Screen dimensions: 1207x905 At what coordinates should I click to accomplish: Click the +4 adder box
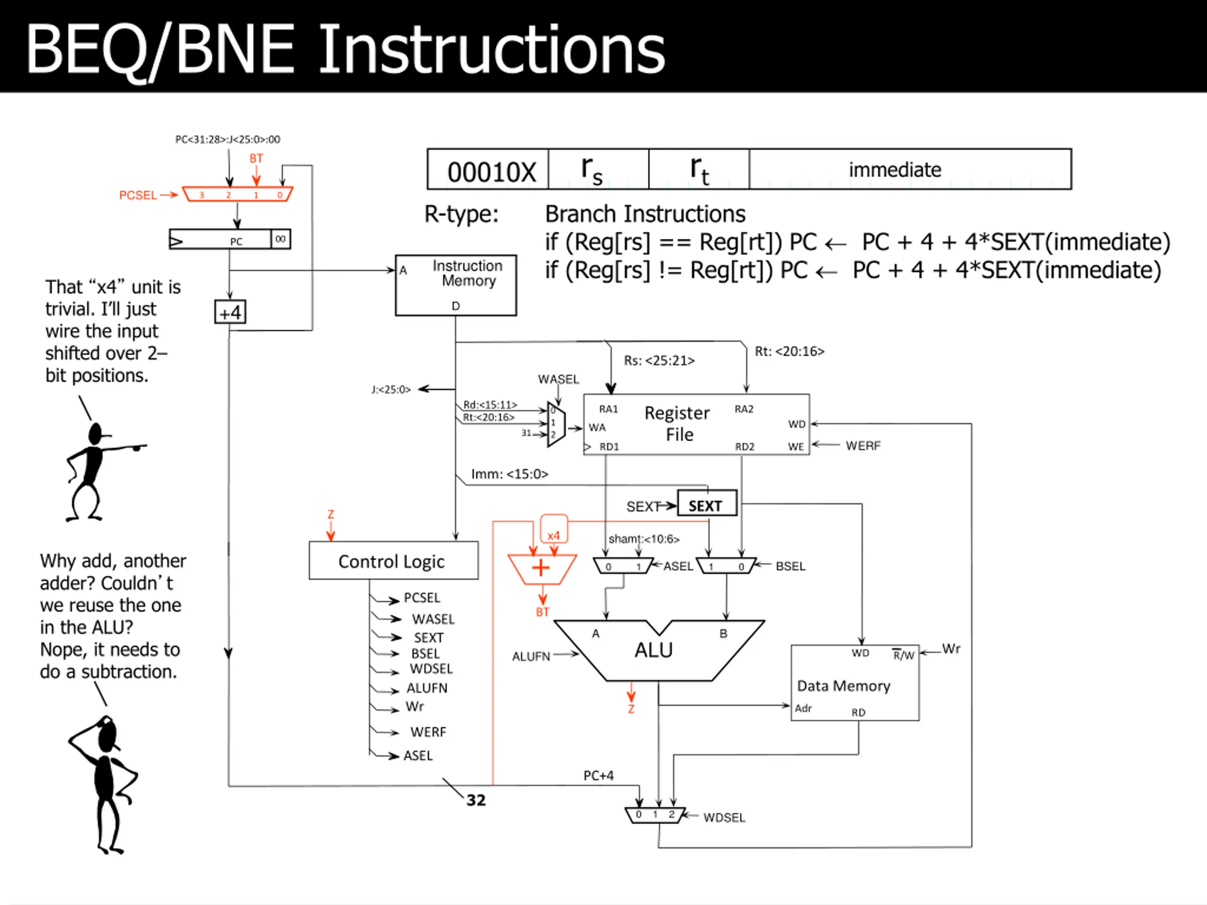click(x=230, y=312)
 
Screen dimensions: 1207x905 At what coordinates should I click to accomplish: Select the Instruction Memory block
click(x=455, y=285)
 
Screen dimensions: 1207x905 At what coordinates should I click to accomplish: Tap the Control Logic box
click(x=393, y=560)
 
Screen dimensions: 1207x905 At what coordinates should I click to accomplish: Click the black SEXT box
click(x=707, y=503)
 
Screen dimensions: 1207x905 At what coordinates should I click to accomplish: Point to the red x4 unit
click(x=554, y=529)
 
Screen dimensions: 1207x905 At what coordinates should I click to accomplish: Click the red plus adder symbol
click(x=541, y=568)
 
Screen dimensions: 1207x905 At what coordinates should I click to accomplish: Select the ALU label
click(x=653, y=650)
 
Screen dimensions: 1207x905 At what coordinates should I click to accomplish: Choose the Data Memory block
click(x=854, y=683)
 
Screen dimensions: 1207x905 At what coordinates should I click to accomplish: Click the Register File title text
click(x=677, y=423)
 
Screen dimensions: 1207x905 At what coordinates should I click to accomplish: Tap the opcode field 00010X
click(x=492, y=172)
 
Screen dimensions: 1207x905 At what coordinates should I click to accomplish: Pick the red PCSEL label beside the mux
click(x=138, y=195)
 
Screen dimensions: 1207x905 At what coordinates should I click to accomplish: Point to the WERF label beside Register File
click(x=863, y=446)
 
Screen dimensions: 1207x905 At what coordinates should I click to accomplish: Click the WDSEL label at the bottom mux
click(x=724, y=817)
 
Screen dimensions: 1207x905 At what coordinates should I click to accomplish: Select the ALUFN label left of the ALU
click(x=531, y=656)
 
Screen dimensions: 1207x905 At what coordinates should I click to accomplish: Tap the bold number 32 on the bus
click(x=476, y=800)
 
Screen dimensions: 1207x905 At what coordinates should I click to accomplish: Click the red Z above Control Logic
click(x=330, y=514)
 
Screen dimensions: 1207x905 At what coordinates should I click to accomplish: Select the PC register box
click(x=230, y=239)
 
